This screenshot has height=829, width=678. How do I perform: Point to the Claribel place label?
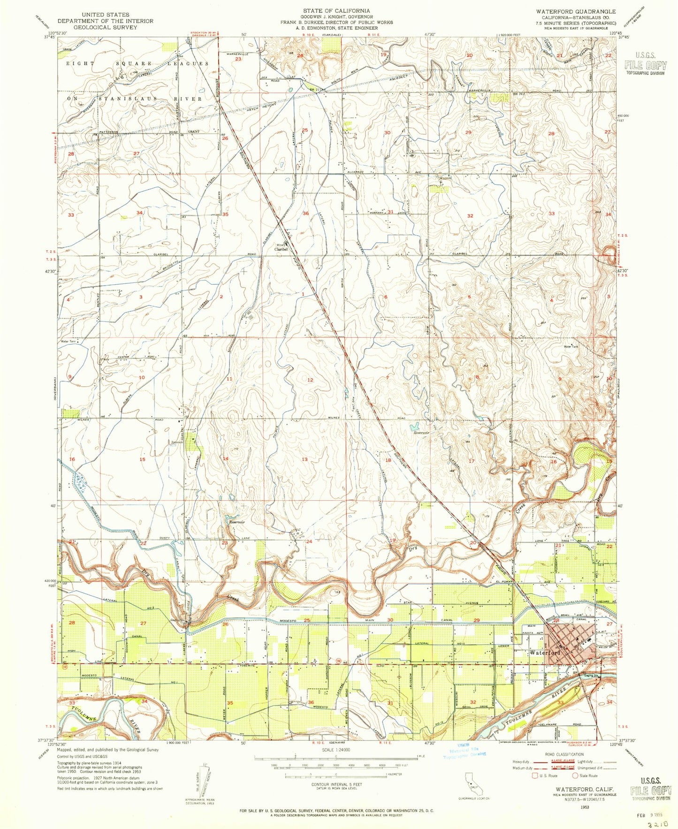(281, 250)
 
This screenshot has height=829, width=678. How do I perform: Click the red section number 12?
(310, 380)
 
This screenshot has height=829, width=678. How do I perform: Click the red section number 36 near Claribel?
(305, 213)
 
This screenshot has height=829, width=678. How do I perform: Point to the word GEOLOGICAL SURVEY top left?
(98, 27)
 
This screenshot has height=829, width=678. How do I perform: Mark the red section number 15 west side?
(142, 459)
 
